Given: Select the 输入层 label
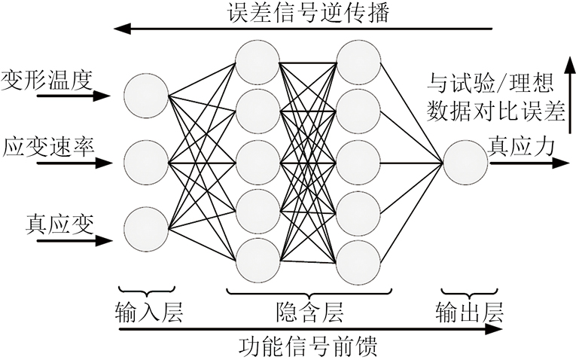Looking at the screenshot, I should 148,310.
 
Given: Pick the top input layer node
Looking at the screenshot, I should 146,96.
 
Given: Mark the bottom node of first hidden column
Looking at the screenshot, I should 257,259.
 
